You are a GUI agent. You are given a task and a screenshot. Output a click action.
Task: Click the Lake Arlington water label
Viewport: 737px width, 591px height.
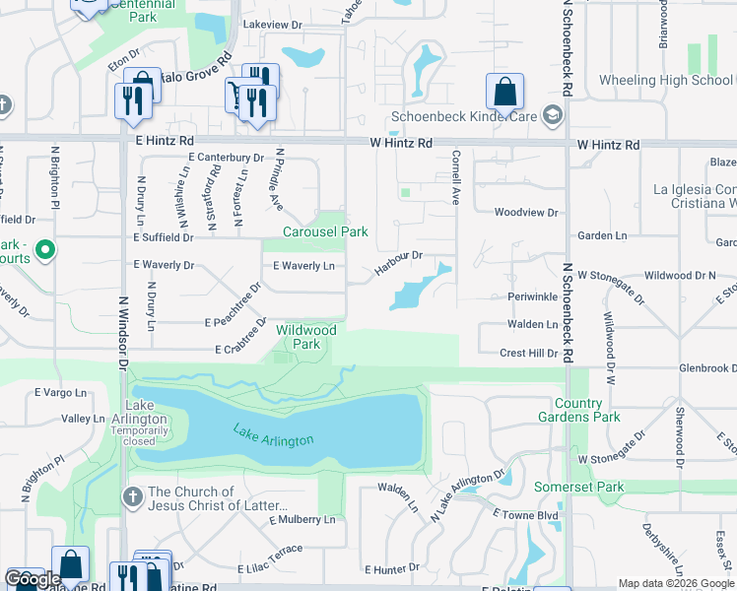click(273, 433)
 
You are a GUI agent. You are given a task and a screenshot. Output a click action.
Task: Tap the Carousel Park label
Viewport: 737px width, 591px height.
click(325, 231)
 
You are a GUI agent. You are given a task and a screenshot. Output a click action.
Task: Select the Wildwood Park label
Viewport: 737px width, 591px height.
click(305, 337)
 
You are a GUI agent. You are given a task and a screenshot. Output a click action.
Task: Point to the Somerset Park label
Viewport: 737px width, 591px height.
click(579, 488)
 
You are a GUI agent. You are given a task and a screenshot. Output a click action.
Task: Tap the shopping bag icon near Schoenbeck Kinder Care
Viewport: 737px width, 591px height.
click(504, 93)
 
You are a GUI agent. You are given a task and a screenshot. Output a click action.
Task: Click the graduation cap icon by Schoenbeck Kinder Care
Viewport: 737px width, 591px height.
click(553, 116)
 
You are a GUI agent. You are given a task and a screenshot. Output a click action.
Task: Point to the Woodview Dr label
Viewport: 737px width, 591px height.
click(526, 212)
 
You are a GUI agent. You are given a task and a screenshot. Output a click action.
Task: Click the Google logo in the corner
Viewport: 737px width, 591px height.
click(33, 579)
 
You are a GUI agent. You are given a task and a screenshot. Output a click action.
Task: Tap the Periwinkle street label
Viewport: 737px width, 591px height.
click(533, 295)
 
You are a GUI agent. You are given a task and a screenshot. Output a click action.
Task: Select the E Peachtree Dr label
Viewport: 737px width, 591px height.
click(233, 307)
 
